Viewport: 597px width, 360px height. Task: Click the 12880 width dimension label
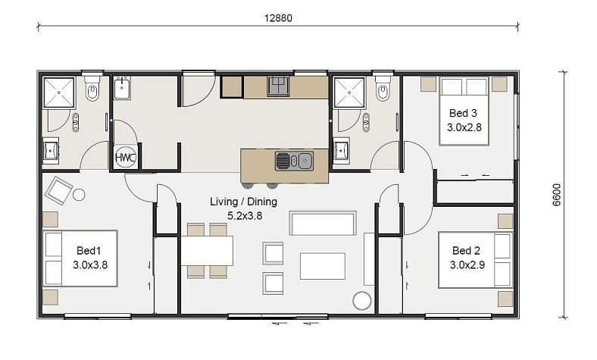(x=278, y=18)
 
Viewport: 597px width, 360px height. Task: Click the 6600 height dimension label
(x=557, y=195)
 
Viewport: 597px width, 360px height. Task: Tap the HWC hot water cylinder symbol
(x=126, y=158)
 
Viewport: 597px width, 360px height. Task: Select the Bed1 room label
(x=89, y=250)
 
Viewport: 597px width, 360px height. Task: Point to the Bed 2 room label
(x=466, y=250)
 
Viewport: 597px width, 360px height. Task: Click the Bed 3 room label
(x=463, y=113)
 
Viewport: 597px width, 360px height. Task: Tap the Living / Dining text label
(x=244, y=202)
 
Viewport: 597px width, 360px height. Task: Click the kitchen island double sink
(x=294, y=161)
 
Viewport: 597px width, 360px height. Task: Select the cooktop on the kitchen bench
(x=278, y=86)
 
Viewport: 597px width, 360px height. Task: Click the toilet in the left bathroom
(x=92, y=88)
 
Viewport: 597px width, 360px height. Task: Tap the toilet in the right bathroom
(x=383, y=88)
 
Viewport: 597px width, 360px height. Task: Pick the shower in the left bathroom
(x=58, y=92)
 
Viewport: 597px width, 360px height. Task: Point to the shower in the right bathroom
(x=349, y=92)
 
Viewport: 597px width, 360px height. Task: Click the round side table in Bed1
(x=79, y=195)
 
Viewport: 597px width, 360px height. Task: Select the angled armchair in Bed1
(x=58, y=189)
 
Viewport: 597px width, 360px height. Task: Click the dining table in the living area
(x=207, y=251)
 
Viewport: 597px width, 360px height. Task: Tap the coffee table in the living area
(x=323, y=266)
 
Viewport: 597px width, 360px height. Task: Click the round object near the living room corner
(x=361, y=301)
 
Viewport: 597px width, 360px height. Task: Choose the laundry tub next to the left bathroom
(x=122, y=88)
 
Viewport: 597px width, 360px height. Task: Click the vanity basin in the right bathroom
(x=341, y=150)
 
